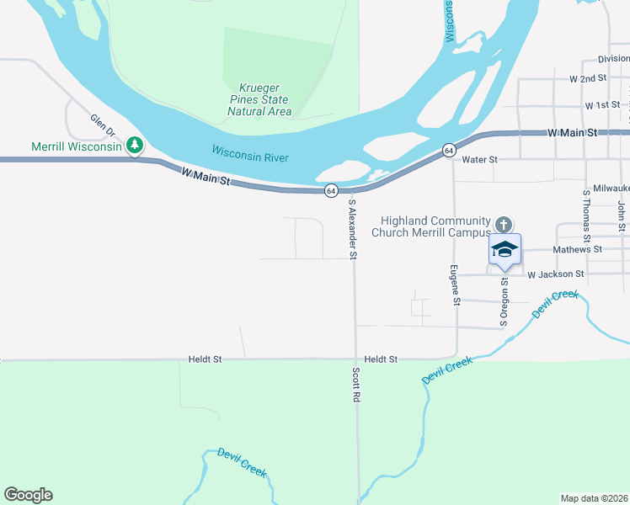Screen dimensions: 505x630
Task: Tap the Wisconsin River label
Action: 250,153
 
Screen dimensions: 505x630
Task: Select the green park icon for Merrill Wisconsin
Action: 134,146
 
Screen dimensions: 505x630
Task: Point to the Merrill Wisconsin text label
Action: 76,146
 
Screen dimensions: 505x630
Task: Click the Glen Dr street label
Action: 102,125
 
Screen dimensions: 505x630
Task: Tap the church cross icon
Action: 504,224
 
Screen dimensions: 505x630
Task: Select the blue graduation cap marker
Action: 505,250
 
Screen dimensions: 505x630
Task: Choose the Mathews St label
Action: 577,250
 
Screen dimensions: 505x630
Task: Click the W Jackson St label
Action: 556,274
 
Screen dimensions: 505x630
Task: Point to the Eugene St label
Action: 454,284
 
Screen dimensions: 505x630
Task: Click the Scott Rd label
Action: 357,382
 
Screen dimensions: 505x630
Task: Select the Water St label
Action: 480,159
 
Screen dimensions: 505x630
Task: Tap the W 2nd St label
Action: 588,78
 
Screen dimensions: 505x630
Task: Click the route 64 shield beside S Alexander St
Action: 332,190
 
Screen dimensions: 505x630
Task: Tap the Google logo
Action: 28,495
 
